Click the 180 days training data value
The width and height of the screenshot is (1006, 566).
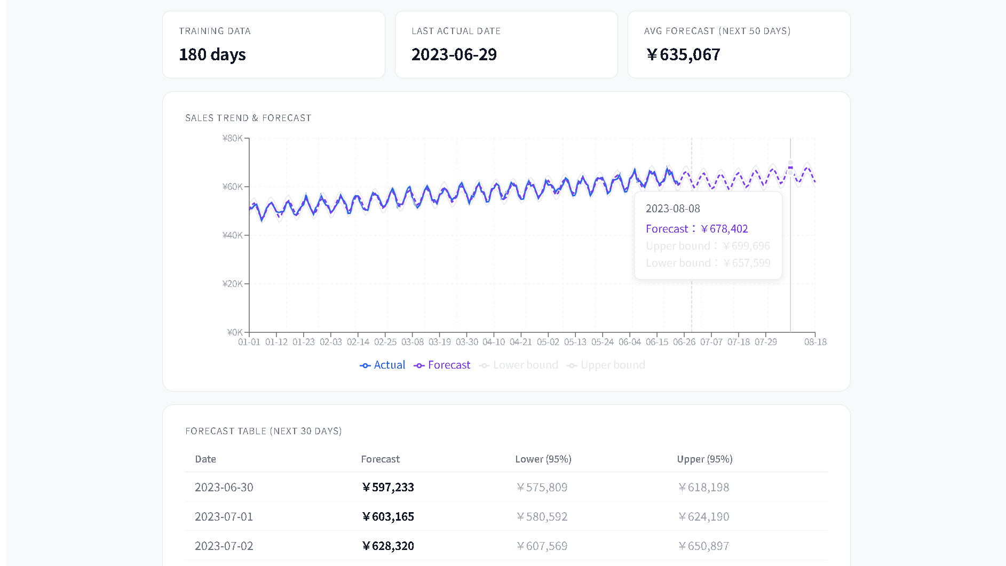(x=212, y=54)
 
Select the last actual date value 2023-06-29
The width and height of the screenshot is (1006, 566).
(x=454, y=54)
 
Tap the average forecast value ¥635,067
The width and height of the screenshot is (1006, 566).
(x=683, y=54)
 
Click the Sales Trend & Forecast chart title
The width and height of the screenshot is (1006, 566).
(x=248, y=118)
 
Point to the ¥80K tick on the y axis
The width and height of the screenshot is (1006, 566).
(x=233, y=138)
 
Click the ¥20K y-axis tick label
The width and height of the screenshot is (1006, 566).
(x=233, y=284)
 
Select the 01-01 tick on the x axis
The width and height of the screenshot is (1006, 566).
(x=249, y=342)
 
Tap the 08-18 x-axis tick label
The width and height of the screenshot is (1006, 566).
(x=815, y=342)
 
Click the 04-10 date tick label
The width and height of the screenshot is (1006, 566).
(x=494, y=342)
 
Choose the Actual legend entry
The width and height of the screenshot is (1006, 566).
(x=383, y=365)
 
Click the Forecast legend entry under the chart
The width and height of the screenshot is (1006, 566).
(x=442, y=365)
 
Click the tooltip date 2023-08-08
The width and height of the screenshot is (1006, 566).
(x=672, y=209)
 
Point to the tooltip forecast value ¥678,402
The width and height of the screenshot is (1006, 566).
(x=724, y=229)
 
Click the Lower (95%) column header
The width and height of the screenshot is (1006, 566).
(x=543, y=459)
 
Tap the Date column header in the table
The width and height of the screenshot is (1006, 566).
(x=205, y=459)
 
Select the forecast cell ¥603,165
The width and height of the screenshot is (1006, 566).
(x=388, y=516)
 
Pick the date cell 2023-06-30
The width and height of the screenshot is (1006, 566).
(x=224, y=487)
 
